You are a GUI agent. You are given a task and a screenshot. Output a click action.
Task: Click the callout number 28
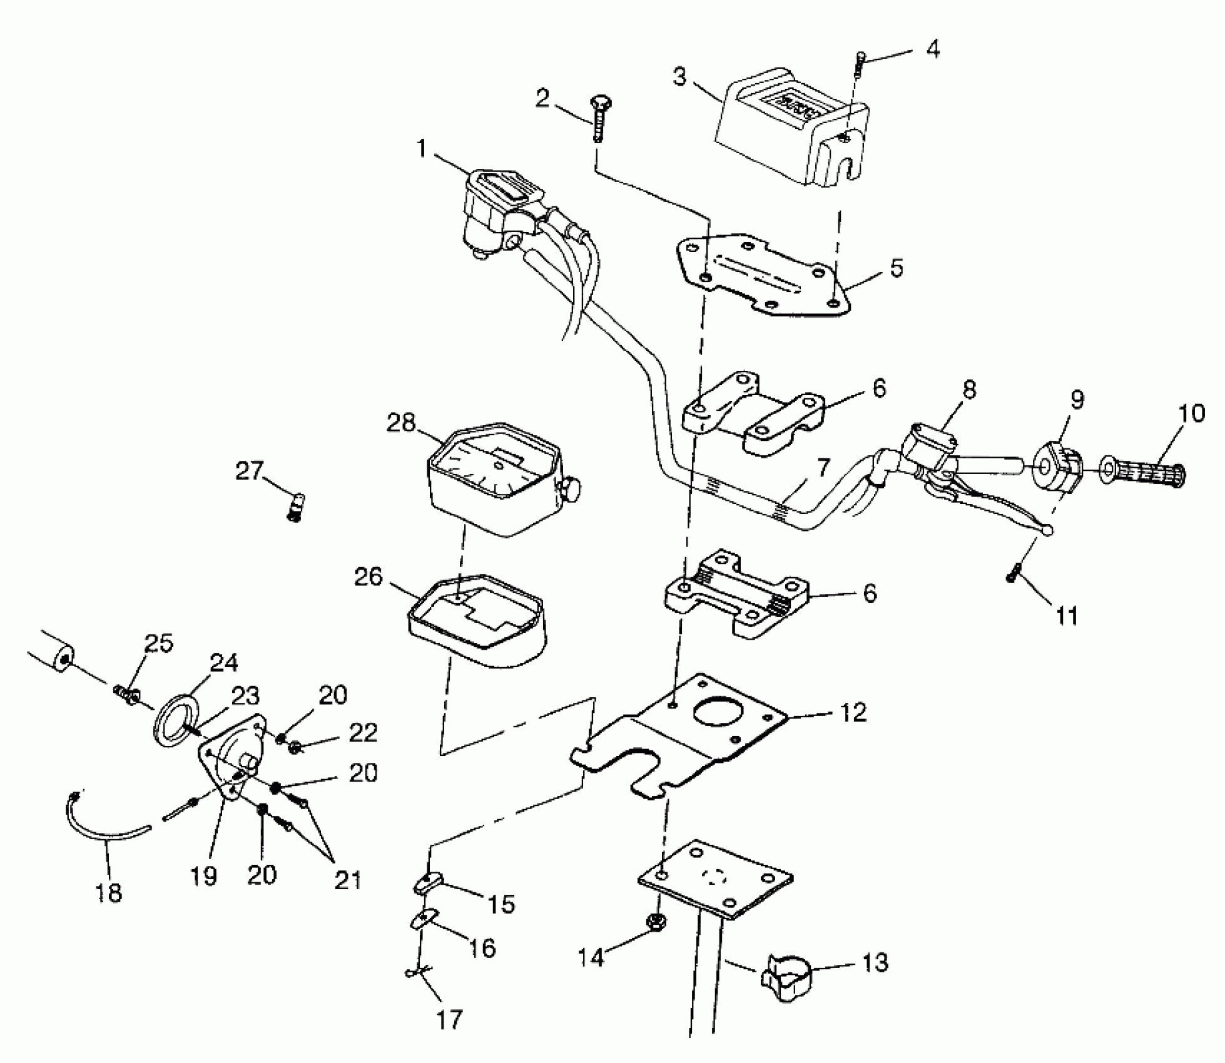coord(401,423)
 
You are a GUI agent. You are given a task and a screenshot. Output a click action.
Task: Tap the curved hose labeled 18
coord(100,824)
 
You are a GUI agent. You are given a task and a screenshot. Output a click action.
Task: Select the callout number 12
coord(854,712)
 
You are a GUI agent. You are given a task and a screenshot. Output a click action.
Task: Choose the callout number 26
coord(368,577)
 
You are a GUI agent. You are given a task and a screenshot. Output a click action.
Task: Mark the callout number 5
coord(897,268)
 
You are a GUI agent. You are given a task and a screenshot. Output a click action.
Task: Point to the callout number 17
coord(449,1020)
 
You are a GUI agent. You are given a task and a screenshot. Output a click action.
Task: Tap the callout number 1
coord(421,149)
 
